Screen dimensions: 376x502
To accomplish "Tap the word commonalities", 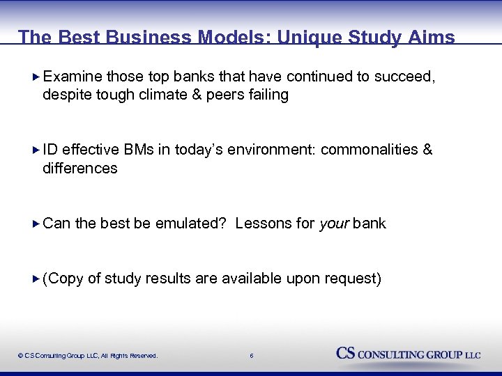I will (370, 150).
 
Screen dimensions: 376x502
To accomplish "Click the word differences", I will (79, 168).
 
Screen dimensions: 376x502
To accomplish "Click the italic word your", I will (334, 224).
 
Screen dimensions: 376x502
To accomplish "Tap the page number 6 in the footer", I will (251, 356).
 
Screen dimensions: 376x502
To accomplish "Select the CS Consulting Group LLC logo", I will (409, 354).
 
